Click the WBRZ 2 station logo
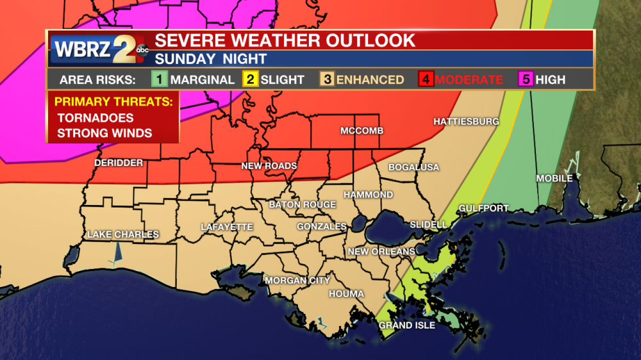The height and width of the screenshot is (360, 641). click(x=96, y=49)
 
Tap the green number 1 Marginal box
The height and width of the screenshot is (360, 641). click(x=159, y=79)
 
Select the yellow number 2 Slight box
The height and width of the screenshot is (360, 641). click(x=249, y=79)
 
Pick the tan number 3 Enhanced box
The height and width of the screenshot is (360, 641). click(x=327, y=79)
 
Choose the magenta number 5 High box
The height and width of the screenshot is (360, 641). click(x=525, y=79)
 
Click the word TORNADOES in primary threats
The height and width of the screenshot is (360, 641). click(x=95, y=118)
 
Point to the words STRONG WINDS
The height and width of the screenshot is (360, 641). click(x=104, y=133)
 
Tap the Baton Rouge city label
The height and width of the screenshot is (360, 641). click(x=302, y=204)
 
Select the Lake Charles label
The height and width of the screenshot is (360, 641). click(x=123, y=234)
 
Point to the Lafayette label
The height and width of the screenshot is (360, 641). click(x=227, y=227)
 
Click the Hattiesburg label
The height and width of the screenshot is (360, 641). click(x=466, y=121)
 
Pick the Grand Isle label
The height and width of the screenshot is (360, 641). click(x=407, y=325)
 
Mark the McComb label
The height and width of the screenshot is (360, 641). click(x=362, y=131)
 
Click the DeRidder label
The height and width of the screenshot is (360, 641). click(x=119, y=163)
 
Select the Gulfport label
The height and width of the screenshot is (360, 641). click(x=483, y=208)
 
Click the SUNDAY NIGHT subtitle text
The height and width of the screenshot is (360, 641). click(x=211, y=59)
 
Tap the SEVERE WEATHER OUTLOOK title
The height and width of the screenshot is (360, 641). click(x=285, y=40)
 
